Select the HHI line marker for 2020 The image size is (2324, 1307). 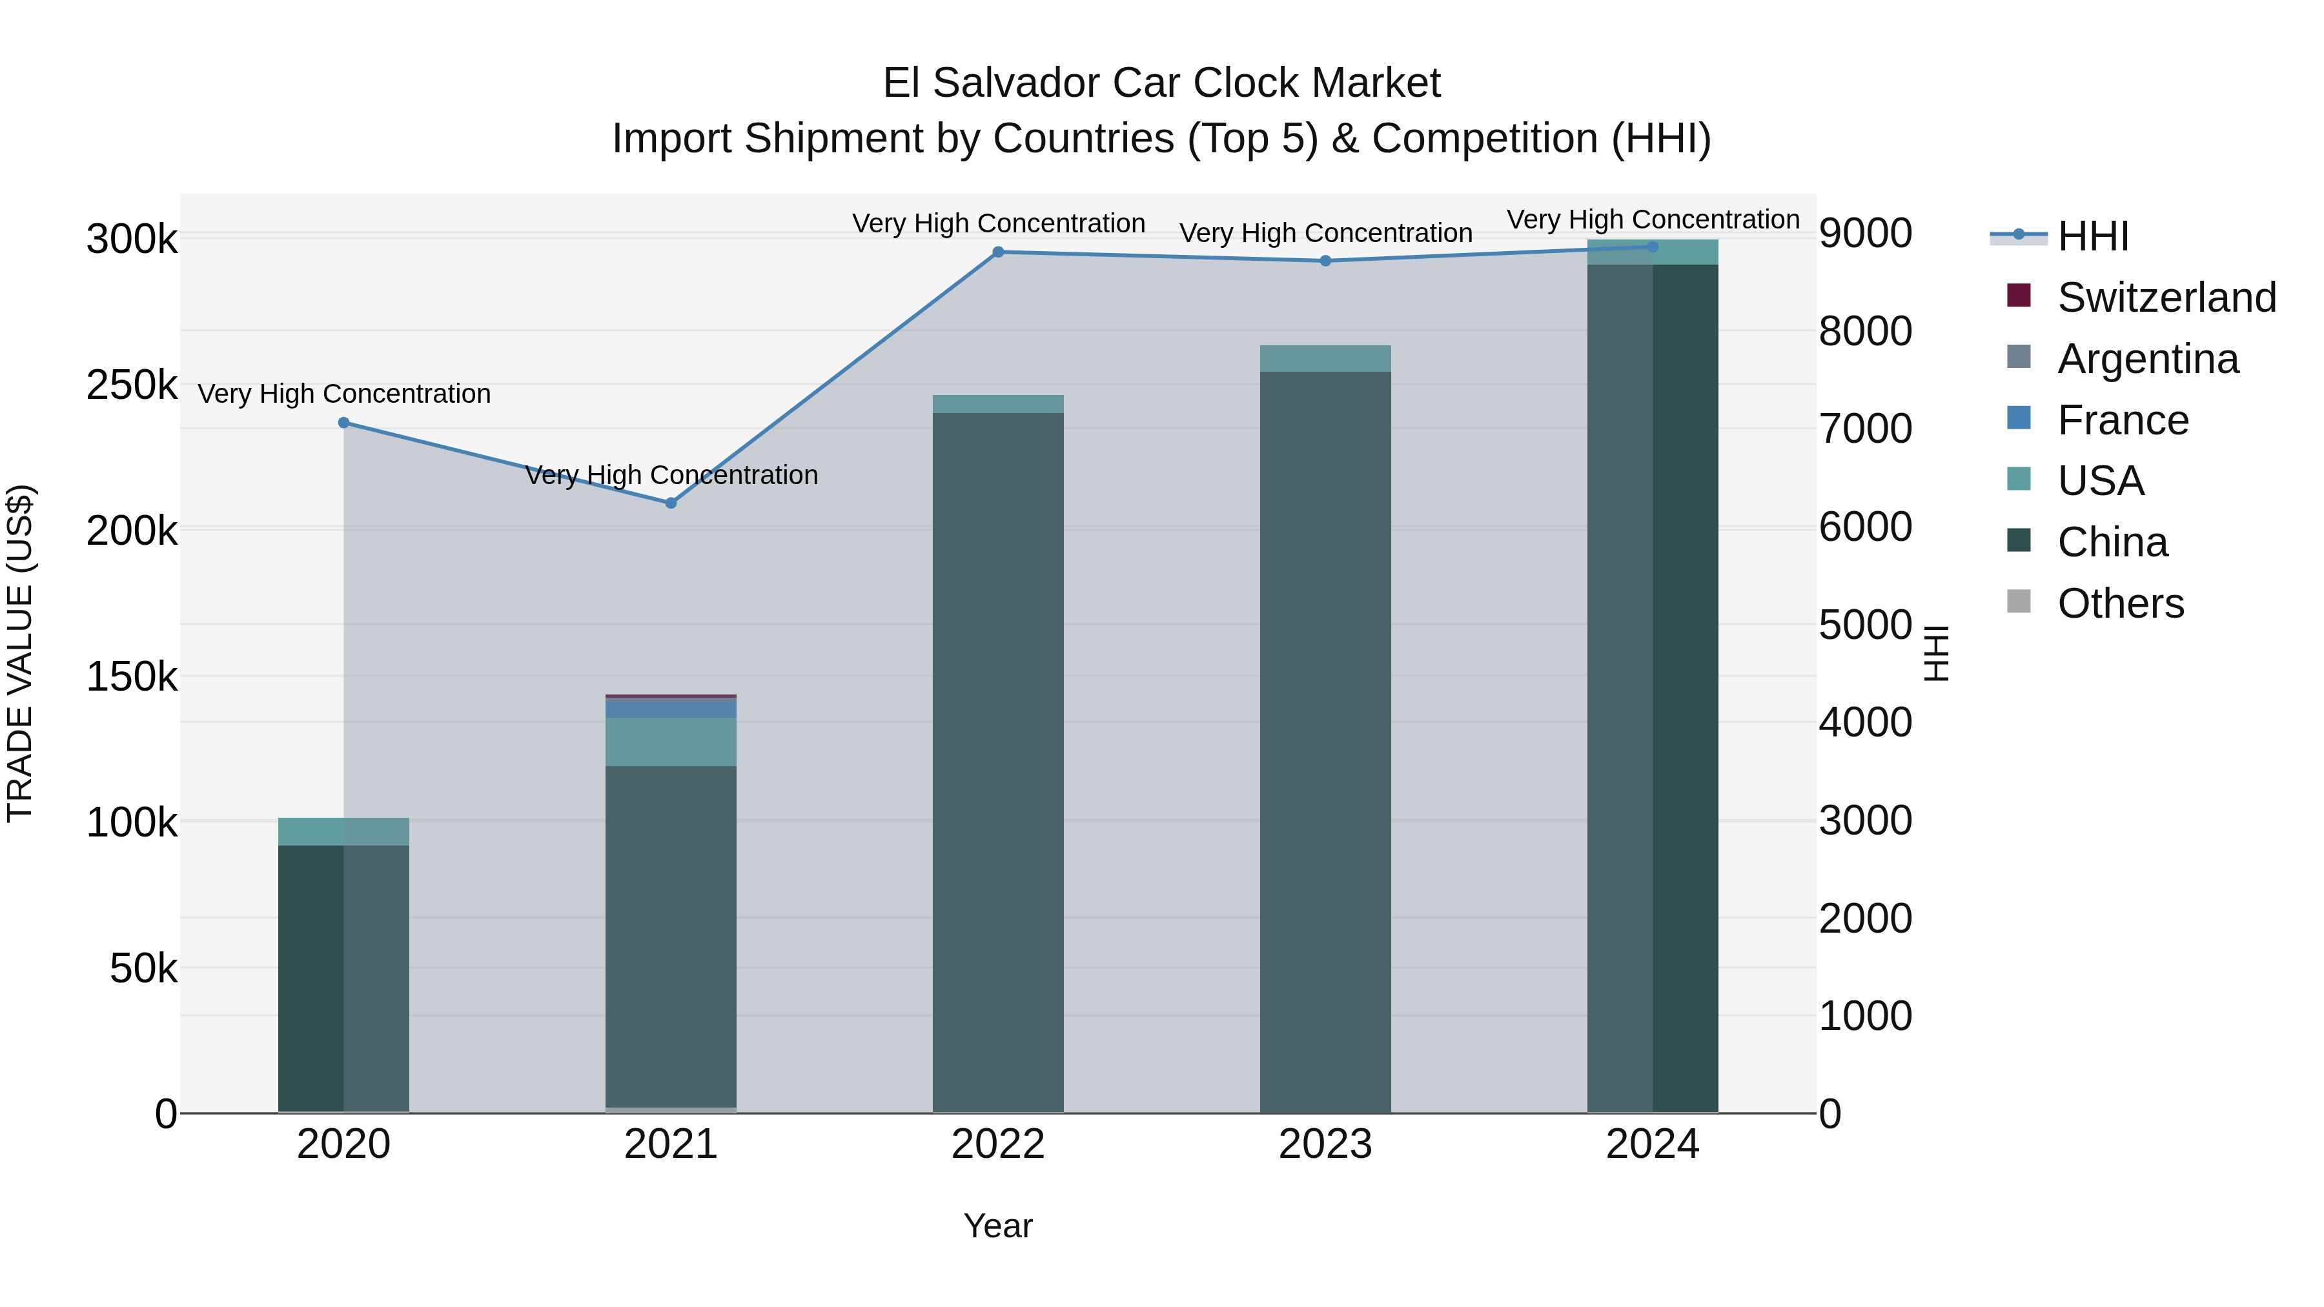[343, 423]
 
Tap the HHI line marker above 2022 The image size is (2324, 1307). [998, 252]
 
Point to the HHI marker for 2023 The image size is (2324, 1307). [1325, 261]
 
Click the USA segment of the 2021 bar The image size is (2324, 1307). [670, 742]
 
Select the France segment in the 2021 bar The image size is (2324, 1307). [670, 708]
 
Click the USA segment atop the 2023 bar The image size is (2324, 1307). [1325, 358]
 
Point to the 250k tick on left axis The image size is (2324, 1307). [132, 386]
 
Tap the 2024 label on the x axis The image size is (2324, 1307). [1652, 1144]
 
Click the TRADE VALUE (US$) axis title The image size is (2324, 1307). [21, 653]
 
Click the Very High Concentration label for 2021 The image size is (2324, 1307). [671, 475]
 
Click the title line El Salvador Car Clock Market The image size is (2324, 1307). [1161, 83]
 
